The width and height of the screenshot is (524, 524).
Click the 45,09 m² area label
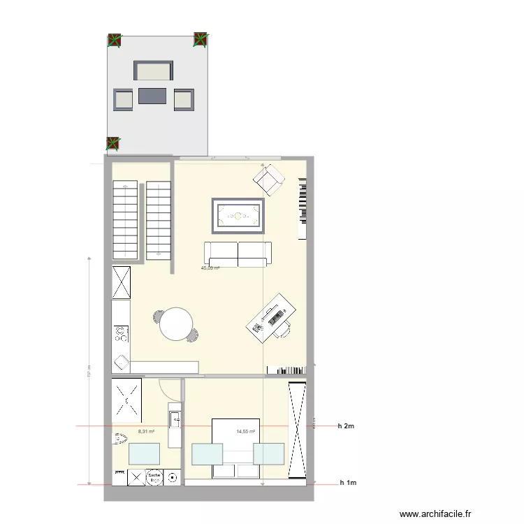tap(210, 268)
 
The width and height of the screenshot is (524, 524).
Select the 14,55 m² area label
tap(246, 432)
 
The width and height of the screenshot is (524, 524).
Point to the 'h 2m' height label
tap(347, 425)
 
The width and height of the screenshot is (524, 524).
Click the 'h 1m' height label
tap(347, 483)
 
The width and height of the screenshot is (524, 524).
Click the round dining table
tap(175, 323)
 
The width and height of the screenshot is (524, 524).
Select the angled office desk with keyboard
tap(270, 318)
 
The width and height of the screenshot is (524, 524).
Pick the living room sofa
tap(238, 254)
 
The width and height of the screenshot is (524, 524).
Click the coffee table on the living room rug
tap(238, 216)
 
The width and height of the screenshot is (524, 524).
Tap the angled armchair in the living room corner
tap(268, 180)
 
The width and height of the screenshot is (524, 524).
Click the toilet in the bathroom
tap(119, 439)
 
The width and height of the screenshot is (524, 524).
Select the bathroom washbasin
tap(175, 420)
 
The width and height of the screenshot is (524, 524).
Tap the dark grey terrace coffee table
tap(153, 96)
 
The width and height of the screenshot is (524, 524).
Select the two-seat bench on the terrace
tap(153, 71)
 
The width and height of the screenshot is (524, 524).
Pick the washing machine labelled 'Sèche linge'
tap(154, 477)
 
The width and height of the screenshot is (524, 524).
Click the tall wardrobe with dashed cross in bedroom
tap(298, 430)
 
